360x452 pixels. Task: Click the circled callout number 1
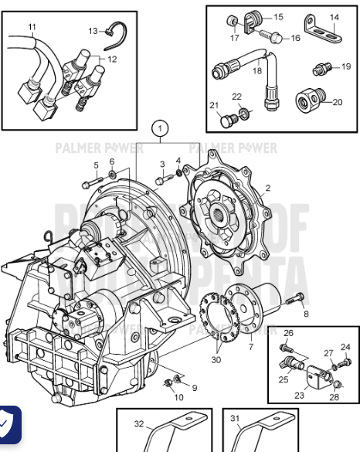click(x=160, y=127)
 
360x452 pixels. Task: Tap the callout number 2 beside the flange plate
click(x=267, y=188)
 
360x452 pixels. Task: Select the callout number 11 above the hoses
click(x=32, y=27)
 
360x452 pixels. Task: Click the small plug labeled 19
click(x=318, y=70)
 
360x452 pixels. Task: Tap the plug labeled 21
click(x=226, y=121)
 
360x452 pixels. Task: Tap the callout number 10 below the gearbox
click(x=179, y=397)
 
